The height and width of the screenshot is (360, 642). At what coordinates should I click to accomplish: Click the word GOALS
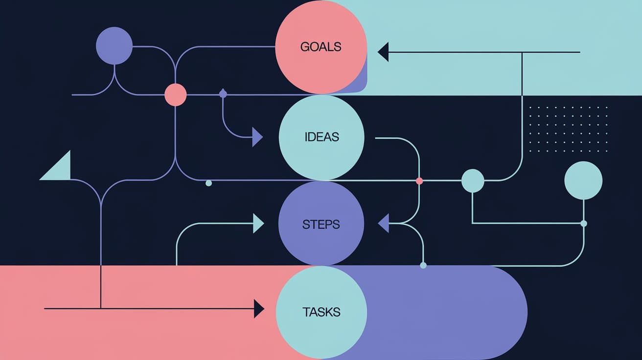tap(321, 47)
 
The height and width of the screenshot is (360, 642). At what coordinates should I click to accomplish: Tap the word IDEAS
tap(321, 136)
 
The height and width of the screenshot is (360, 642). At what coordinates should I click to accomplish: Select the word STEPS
tap(321, 225)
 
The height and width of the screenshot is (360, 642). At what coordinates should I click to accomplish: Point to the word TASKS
tap(321, 312)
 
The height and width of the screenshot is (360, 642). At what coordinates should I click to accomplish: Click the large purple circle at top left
tap(115, 46)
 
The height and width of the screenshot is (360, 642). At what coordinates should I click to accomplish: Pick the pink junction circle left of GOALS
tap(175, 94)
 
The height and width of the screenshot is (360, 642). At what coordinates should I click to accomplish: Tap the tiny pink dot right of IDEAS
tap(419, 181)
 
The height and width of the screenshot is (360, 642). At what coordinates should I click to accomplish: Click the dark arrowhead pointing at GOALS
tap(383, 52)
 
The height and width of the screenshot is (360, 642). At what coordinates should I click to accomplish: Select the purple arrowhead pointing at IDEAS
tap(257, 137)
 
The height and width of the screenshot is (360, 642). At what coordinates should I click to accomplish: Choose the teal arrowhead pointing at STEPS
tap(258, 224)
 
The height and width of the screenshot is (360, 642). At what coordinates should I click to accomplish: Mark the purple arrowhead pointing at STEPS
tap(384, 224)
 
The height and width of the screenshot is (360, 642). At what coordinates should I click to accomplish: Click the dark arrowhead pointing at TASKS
tap(259, 309)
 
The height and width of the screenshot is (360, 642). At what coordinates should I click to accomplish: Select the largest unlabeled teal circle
tap(583, 180)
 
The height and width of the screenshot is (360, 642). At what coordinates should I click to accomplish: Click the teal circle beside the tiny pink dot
tap(473, 180)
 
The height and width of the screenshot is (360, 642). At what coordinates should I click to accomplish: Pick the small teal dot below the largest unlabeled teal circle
tap(583, 224)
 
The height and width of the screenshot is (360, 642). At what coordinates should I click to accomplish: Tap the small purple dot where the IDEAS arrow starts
tap(223, 93)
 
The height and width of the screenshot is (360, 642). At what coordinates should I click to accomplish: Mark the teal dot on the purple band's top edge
tap(423, 265)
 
